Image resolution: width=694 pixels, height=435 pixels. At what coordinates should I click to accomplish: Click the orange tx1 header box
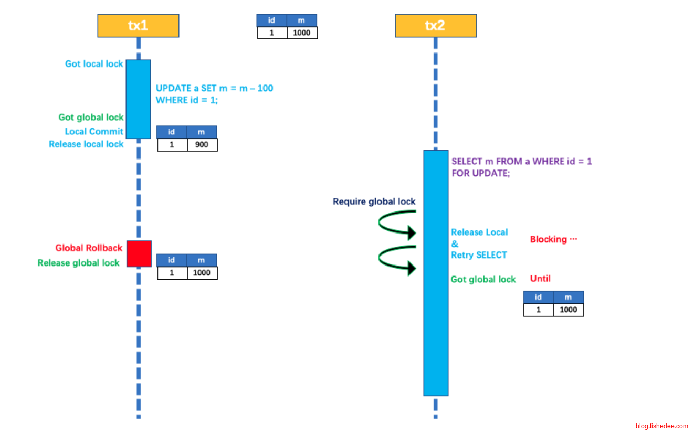[138, 26]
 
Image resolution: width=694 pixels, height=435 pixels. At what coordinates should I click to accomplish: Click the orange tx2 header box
[435, 26]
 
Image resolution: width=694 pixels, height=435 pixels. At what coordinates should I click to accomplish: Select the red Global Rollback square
[139, 253]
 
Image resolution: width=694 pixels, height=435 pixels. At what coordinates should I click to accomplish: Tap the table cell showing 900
[202, 144]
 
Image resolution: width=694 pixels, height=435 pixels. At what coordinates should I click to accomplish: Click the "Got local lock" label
[94, 64]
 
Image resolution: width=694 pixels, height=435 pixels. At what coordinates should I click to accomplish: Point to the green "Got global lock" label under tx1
[91, 118]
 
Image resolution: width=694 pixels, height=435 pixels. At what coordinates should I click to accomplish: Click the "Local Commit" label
[94, 131]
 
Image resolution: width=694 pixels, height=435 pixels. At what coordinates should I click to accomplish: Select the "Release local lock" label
[86, 144]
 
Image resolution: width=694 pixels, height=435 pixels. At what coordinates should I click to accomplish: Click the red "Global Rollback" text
[89, 248]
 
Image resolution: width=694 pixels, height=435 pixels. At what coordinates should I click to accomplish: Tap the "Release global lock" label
[79, 263]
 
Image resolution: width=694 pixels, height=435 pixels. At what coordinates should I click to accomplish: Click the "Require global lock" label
[374, 201]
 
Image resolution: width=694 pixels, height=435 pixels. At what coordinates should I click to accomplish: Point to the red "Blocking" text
[553, 239]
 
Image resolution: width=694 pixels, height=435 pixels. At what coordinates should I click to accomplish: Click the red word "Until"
[540, 279]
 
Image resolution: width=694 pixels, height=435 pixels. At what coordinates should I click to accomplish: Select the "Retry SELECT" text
[479, 255]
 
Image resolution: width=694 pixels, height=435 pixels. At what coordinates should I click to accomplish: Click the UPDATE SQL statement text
[214, 94]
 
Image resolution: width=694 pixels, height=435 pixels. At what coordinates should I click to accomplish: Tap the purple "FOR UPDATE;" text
[480, 173]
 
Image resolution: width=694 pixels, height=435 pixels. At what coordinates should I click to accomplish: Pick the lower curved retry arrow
[397, 258]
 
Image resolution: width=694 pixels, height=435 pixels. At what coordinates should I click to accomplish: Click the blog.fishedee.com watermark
[661, 426]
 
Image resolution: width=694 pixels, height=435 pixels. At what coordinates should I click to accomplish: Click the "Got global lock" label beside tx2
[483, 280]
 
